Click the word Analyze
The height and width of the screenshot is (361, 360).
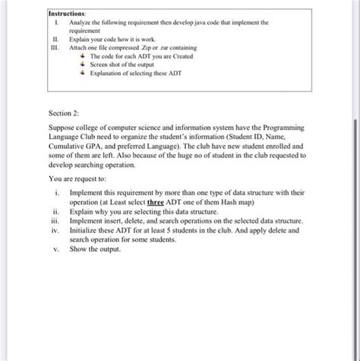pyautogui.click(x=81, y=24)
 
